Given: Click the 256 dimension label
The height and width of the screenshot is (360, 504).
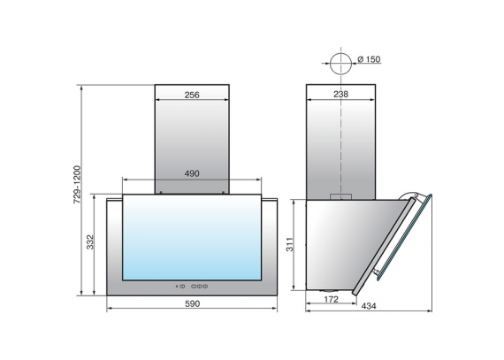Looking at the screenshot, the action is (x=192, y=95).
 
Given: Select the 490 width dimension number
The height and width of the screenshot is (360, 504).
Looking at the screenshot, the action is (x=192, y=173).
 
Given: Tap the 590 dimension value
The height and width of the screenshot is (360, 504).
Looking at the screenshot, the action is (x=192, y=303).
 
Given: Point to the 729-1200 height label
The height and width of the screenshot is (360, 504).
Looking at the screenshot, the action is (x=77, y=185).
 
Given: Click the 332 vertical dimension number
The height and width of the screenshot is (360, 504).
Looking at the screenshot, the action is (x=90, y=242).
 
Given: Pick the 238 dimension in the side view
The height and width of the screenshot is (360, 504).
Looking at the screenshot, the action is (x=340, y=94).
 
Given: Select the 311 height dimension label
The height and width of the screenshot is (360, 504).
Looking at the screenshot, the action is (x=290, y=244).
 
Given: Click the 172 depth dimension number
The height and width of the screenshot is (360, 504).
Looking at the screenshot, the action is (x=331, y=300).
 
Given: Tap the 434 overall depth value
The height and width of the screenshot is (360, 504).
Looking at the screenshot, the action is (x=369, y=306).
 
